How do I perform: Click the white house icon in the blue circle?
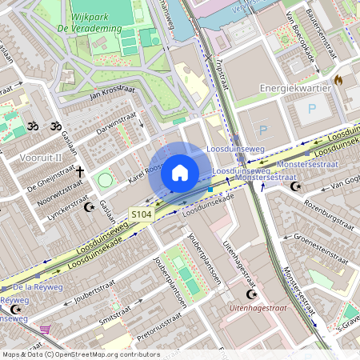coord(180,173)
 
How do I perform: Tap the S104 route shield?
coord(142,214)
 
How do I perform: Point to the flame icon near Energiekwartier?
coord(339,80)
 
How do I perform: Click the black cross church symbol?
coord(80,171)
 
